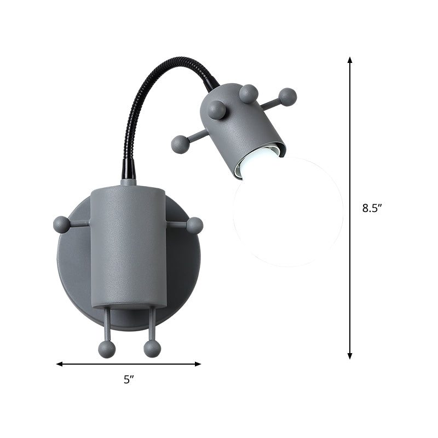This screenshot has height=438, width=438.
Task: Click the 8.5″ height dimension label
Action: point(371,208)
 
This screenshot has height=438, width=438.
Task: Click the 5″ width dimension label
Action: point(129,379)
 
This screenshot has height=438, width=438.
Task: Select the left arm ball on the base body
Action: point(61,224)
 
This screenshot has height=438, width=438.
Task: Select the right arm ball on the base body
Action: point(194,225)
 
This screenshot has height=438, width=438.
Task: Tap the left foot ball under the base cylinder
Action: point(107,349)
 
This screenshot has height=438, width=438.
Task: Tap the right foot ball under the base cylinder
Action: point(152,349)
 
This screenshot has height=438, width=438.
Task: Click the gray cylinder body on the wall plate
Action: point(128,246)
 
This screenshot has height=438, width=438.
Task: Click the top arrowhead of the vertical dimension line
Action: point(350,59)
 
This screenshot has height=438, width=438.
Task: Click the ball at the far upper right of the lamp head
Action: point(287,97)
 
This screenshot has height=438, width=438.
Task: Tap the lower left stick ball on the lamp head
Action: point(180,145)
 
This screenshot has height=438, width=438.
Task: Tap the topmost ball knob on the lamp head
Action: point(249,94)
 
